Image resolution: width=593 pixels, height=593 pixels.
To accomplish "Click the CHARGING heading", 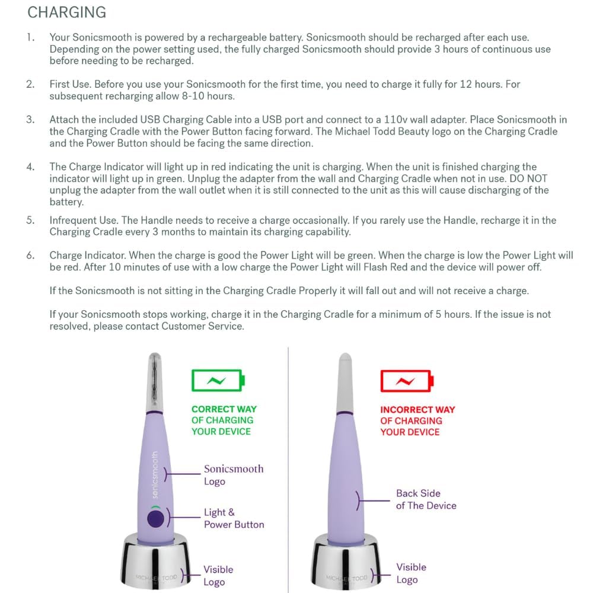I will pyautogui.click(x=67, y=12).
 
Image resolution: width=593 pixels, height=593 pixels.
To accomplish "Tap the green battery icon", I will pyautogui.click(x=218, y=380).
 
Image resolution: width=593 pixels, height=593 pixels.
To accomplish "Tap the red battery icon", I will pyautogui.click(x=406, y=381).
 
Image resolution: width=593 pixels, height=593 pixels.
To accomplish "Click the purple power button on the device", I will pyautogui.click(x=155, y=519).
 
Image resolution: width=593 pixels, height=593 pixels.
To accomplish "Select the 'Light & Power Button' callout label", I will pyautogui.click(x=234, y=518).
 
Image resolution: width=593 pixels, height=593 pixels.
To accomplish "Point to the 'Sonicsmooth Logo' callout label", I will pyautogui.click(x=233, y=475).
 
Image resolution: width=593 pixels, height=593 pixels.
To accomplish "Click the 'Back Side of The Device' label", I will pyautogui.click(x=426, y=499).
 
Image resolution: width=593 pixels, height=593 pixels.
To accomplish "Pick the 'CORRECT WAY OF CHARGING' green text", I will pyautogui.click(x=224, y=420).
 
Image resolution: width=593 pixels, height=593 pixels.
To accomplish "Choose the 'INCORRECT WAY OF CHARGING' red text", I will pyautogui.click(x=417, y=420).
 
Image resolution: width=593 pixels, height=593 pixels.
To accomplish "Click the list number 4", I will pyautogui.click(x=30, y=167).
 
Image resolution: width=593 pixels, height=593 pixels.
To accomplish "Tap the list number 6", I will pyautogui.click(x=30, y=256).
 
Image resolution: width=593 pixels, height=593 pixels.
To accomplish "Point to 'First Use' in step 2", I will pyautogui.click(x=70, y=84).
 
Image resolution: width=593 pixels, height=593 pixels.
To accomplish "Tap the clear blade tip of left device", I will pyautogui.click(x=154, y=374).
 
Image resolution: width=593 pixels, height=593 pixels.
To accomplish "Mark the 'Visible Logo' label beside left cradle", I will pyautogui.click(x=218, y=575).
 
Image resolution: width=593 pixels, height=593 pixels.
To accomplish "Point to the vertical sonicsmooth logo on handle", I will pyautogui.click(x=155, y=474).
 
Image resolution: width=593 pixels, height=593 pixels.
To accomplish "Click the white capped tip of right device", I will pyautogui.click(x=345, y=380).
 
